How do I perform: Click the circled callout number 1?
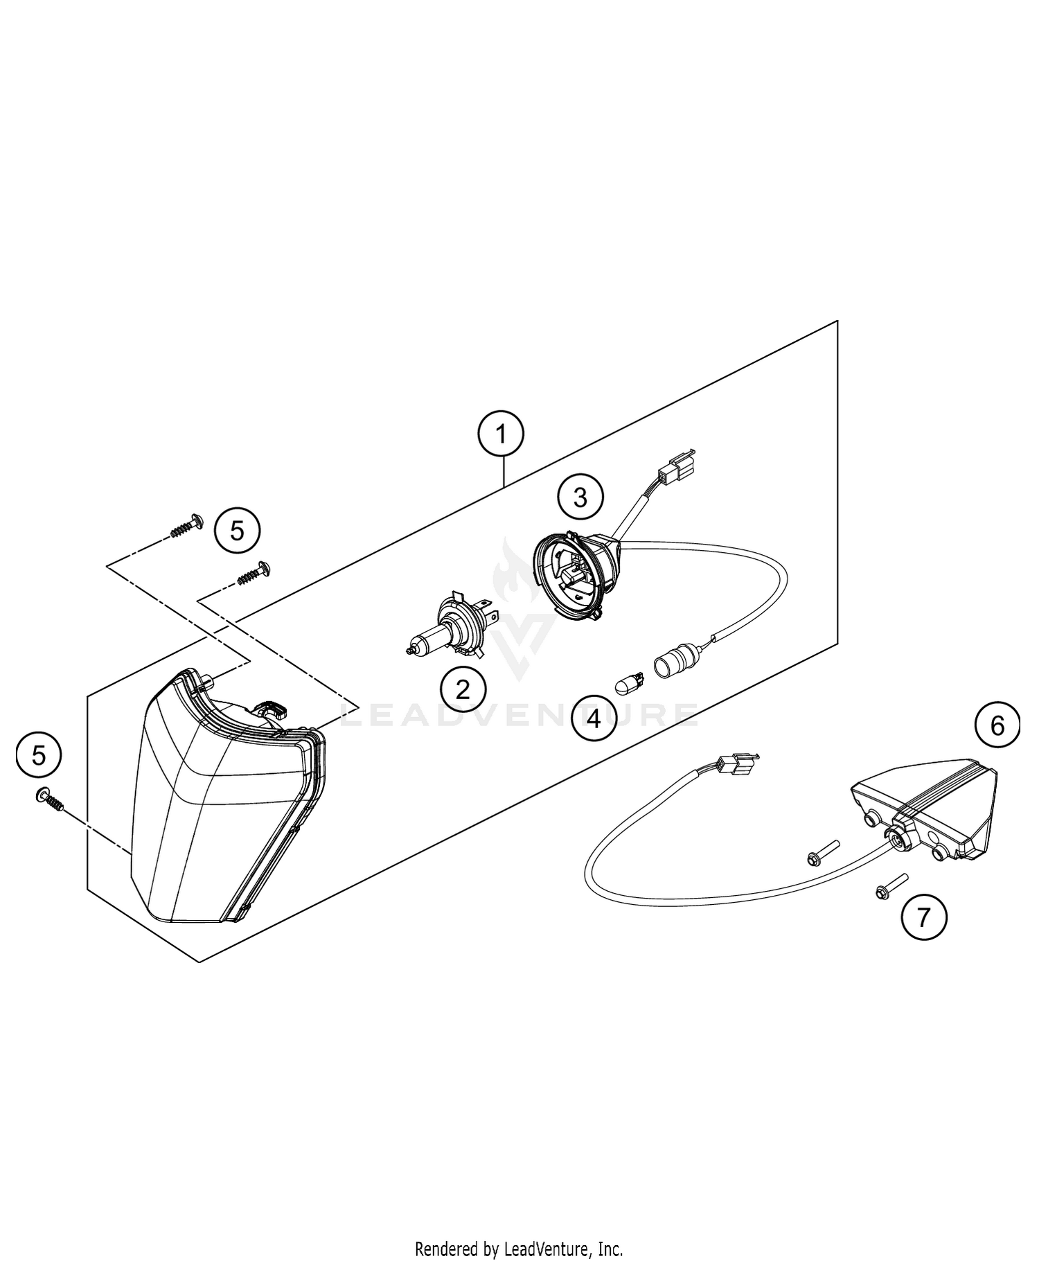(x=501, y=434)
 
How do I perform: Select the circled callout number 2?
(x=463, y=689)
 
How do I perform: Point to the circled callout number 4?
(x=594, y=719)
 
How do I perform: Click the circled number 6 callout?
(x=997, y=725)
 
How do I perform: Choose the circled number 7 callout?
(x=923, y=917)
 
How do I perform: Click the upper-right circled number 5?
(x=237, y=531)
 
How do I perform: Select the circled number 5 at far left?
(x=39, y=755)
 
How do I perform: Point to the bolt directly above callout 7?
(x=822, y=852)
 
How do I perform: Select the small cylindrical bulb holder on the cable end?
(x=672, y=662)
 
